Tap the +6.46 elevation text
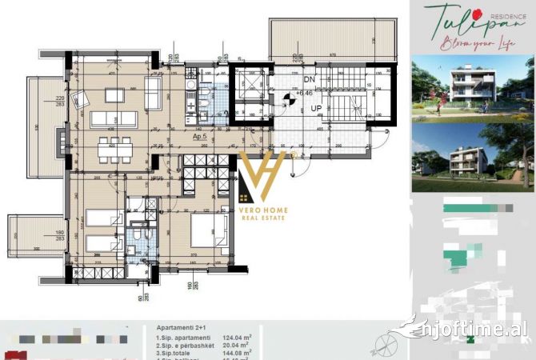click(305, 94)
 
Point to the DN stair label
click(309, 80)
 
